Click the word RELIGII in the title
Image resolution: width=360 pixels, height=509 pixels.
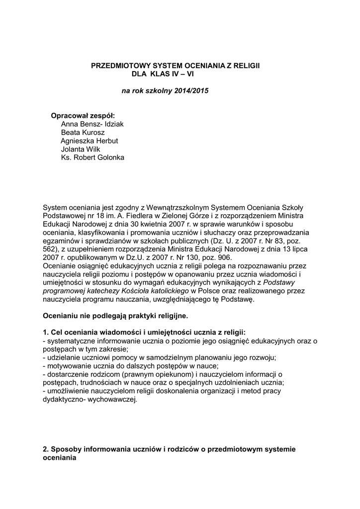tap(247, 66)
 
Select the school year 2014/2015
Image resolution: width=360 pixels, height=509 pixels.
tap(192, 91)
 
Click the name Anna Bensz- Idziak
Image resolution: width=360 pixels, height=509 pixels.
tap(92, 124)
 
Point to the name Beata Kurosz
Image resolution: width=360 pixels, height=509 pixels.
tap(83, 133)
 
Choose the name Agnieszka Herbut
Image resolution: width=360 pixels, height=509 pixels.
tap(89, 141)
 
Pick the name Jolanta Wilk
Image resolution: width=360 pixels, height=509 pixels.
tap(80, 149)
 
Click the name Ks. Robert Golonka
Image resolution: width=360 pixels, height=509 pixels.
tap(92, 158)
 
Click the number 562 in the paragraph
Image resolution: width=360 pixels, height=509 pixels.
tap(50, 249)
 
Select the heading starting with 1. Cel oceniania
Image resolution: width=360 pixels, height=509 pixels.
tap(144, 333)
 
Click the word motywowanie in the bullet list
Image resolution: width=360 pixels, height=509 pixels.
tap(67, 366)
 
